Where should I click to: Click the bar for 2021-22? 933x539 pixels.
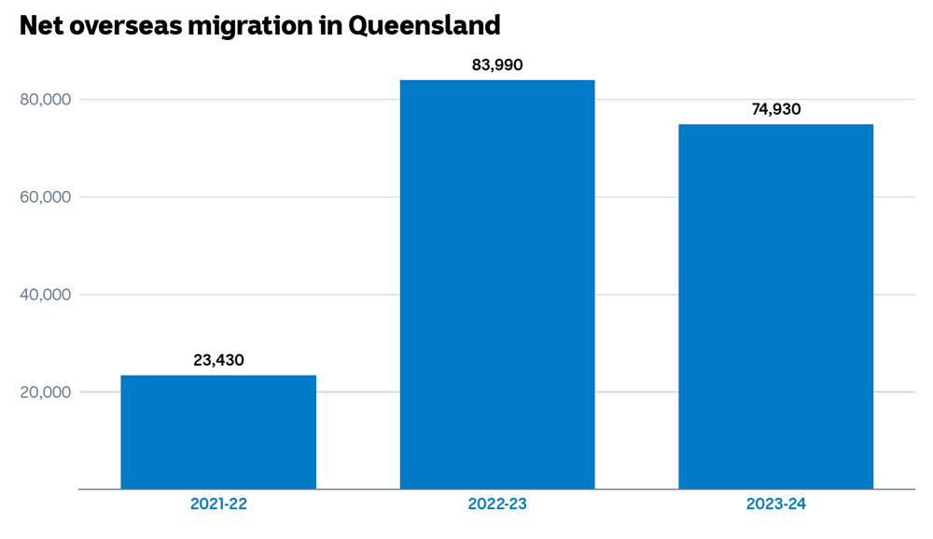click(218, 432)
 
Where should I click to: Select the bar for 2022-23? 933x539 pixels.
click(497, 284)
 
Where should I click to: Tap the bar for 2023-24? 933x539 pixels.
click(775, 307)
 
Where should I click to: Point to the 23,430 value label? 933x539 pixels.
click(218, 360)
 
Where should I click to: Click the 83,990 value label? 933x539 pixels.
click(497, 65)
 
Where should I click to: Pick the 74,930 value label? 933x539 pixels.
click(775, 109)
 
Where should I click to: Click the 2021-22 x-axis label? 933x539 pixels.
click(218, 504)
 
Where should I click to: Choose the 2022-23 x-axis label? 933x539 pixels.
click(497, 504)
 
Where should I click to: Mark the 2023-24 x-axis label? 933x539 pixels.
click(775, 504)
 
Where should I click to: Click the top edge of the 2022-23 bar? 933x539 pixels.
click(497, 80)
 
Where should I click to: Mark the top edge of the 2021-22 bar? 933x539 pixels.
click(218, 376)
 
